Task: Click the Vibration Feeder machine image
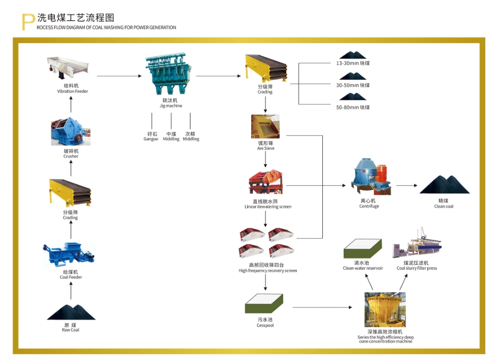pos(68,68)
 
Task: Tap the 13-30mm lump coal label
pos(353,64)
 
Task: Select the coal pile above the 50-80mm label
pos(353,96)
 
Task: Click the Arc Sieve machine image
pos(265,127)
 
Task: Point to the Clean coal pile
pos(444,185)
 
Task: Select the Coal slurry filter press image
pos(417,244)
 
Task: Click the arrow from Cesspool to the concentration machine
pos(322,308)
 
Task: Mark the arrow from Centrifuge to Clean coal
pos(407,185)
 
